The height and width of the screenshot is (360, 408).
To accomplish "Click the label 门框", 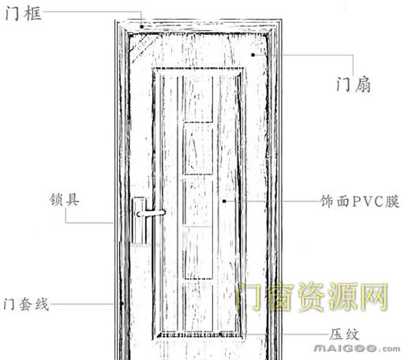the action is point(24,13).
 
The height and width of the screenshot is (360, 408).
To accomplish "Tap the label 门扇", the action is point(354,84).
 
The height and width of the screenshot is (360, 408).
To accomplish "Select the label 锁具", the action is point(65,200).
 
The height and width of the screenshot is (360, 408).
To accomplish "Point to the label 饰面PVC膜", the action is point(360,201).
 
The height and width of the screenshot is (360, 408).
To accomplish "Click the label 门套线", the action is point(26,304).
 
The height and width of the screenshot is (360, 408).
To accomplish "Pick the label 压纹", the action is point(344,334).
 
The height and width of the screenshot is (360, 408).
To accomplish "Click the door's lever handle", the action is point(151,213).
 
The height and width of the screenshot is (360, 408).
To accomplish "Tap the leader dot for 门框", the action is point(141,27).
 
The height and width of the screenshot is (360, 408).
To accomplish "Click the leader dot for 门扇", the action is point(253,54).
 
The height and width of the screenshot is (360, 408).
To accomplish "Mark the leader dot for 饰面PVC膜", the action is point(224,201).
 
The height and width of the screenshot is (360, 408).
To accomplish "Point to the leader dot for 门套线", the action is point(122,304).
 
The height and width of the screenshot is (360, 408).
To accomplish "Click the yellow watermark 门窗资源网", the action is point(313,297).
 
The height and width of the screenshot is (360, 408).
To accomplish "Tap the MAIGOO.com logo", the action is point(357,349).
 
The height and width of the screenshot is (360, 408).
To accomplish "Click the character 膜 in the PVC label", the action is point(392,201).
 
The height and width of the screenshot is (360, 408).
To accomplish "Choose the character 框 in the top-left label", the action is point(33,13).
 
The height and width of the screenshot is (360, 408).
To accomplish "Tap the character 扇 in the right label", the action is point(363,85).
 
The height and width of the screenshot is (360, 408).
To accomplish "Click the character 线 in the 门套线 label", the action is point(43,305).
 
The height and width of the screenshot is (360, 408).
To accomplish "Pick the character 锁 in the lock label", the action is point(57,200).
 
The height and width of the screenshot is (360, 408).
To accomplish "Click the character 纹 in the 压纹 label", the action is point(352,335).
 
